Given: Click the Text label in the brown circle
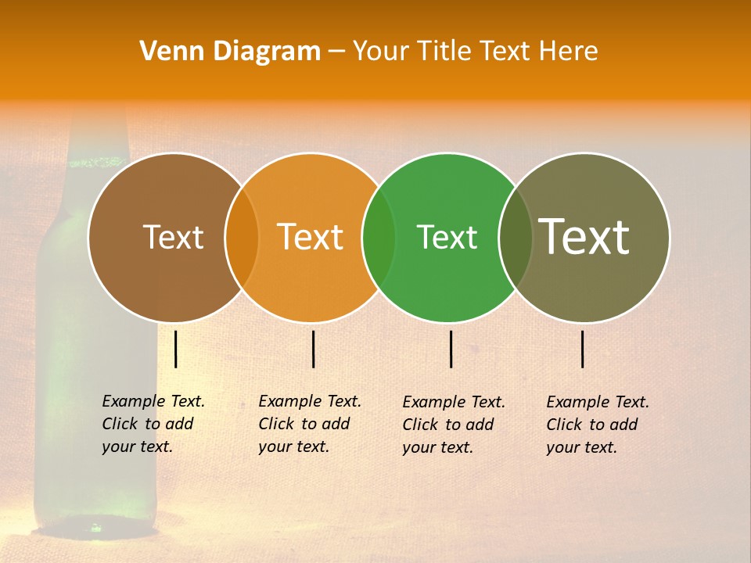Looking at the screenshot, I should coord(173,237).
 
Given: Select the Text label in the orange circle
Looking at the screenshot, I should coord(311,237).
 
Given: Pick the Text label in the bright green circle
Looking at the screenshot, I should coord(447,237).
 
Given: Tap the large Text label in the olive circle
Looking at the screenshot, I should coord(584,237).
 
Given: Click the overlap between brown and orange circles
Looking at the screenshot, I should coord(242,238).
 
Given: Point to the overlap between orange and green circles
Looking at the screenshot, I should coord(379,238).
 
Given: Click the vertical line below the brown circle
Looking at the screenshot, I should coord(176,349).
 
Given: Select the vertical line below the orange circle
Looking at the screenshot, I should coord(314,349).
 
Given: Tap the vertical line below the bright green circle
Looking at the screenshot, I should coord(451,349).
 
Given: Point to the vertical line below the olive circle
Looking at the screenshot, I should coord(583,349).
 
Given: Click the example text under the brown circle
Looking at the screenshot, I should coord(153,424).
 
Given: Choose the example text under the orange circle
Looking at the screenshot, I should coord(309,424).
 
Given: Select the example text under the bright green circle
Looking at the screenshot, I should coord(453,425).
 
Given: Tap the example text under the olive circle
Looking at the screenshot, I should coord(597,425).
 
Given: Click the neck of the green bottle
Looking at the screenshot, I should coord(98,141).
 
